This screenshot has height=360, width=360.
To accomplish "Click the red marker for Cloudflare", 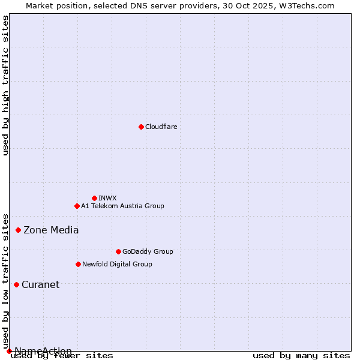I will tap(141, 127).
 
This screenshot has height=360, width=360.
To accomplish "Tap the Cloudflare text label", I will tap(161, 127).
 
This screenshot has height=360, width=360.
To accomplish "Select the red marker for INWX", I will tap(94, 198).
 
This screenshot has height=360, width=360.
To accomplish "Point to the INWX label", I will tap(108, 198).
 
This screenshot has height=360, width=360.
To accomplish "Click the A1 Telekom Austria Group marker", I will tap(77, 206).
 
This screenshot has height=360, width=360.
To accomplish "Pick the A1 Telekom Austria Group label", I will tap(122, 206).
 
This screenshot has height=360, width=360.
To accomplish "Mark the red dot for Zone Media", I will tap(19, 230).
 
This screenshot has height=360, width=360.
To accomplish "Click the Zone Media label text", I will tap(51, 230).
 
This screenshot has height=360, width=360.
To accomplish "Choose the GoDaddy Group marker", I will tap(118, 251).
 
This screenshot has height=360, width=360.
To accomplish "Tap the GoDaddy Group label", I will tap(148, 251).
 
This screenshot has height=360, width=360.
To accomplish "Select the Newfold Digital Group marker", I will tap(78, 264).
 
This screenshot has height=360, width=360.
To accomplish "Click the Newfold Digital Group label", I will tap(117, 264).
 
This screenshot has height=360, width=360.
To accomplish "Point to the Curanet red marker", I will tap(16, 284).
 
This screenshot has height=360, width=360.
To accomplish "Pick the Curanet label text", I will tap(41, 284).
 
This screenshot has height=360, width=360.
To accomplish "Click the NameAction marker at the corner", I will tap(9, 351).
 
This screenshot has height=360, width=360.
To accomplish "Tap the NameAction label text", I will tap(43, 351).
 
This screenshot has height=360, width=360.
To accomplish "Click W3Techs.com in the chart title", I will tap(307, 5).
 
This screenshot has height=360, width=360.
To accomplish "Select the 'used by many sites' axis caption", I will tap(301, 356).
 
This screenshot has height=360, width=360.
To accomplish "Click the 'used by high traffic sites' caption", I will tap(5, 85).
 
